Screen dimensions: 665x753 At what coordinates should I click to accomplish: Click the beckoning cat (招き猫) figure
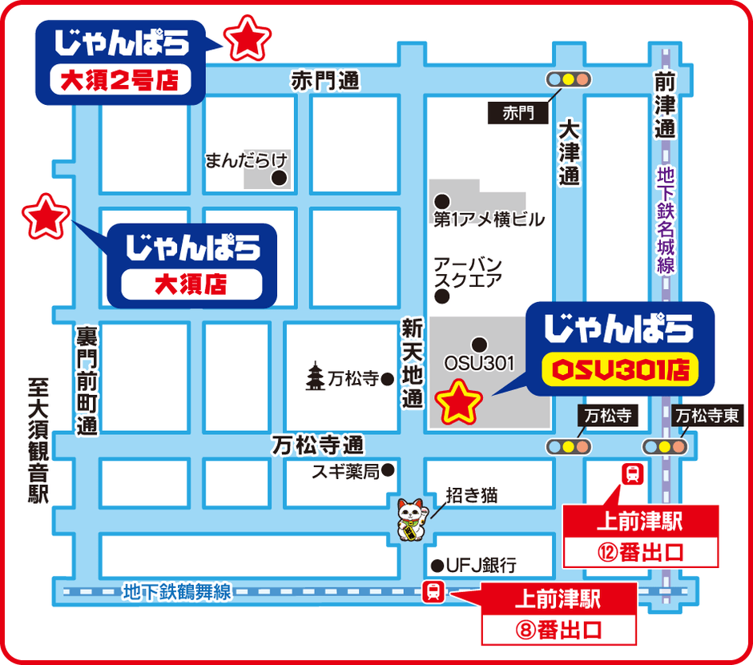412,519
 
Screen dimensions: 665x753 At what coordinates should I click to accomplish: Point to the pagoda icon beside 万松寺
316,378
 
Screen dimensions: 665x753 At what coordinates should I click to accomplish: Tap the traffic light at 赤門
568,79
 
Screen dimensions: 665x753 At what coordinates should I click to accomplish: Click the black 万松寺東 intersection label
708,416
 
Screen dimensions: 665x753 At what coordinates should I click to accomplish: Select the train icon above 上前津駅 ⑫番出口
633,475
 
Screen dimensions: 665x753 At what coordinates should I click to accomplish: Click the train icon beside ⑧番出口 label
433,592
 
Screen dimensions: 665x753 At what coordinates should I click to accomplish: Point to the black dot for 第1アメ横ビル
440,200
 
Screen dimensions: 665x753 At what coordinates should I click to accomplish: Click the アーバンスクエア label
468,272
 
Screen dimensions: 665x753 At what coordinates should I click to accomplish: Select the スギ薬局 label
345,472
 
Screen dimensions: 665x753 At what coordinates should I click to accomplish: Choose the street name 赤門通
325,80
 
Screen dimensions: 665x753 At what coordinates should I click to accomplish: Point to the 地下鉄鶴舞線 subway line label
177,593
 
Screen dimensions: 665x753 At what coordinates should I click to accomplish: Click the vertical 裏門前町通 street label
87,381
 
